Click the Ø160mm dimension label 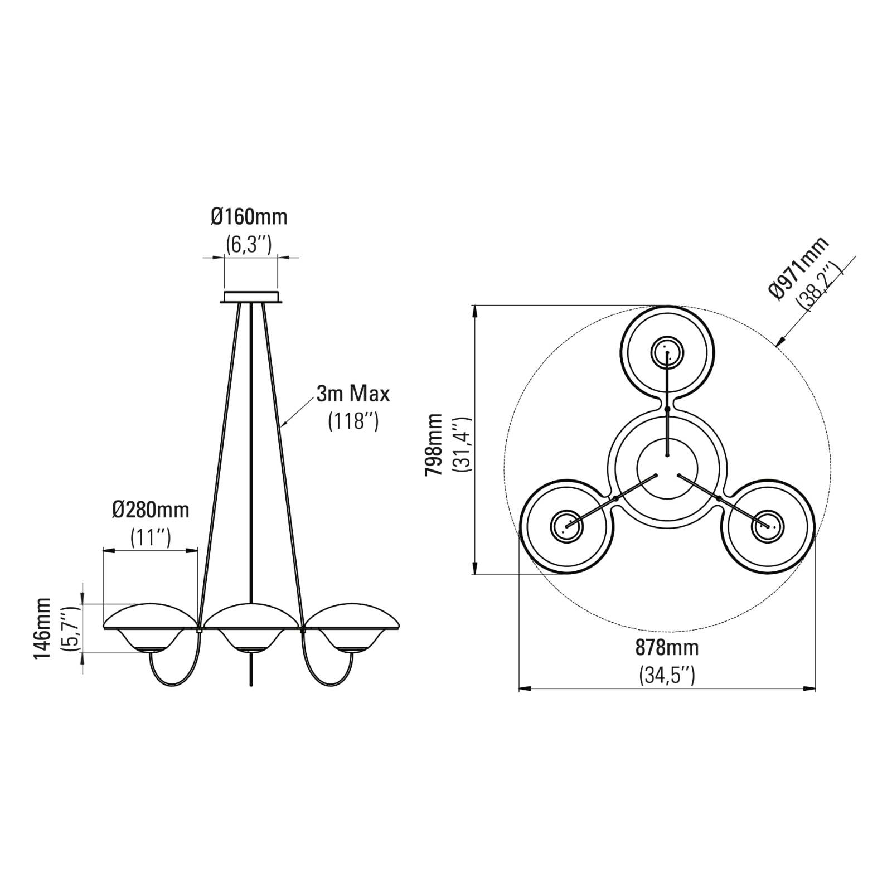click(x=249, y=216)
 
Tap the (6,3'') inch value click(x=249, y=244)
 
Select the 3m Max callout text click(x=353, y=394)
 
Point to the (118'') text click(x=353, y=420)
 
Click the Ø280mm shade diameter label click(x=151, y=510)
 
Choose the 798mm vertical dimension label click(x=434, y=444)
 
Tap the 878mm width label click(x=667, y=648)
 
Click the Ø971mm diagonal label click(x=798, y=268)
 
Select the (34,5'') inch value click(x=667, y=675)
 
